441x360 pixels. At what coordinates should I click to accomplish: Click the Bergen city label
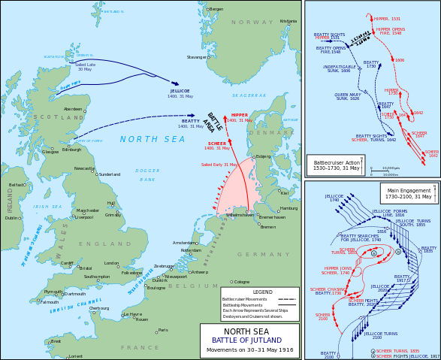(x=216, y=9)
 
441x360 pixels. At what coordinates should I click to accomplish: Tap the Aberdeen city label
(x=73, y=109)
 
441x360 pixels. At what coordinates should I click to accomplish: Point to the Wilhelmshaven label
(x=240, y=215)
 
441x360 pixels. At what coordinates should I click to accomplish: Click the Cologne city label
(x=241, y=282)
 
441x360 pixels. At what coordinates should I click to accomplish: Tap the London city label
(x=111, y=264)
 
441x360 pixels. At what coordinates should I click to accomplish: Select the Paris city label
(x=163, y=330)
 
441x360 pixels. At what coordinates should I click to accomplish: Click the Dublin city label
(x=11, y=218)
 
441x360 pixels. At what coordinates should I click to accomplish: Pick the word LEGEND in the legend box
(x=262, y=292)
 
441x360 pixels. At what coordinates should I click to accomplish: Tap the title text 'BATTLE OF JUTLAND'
(x=249, y=340)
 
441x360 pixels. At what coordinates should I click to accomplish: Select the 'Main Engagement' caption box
(x=409, y=192)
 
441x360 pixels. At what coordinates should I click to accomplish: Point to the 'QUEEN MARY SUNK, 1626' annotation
(x=346, y=96)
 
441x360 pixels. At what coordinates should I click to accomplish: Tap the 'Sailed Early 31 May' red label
(x=219, y=164)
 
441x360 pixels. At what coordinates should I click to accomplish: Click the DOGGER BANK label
(x=148, y=175)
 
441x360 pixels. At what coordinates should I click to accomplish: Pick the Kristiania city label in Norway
(x=288, y=21)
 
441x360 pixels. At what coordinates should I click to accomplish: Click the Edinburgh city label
(x=71, y=150)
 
